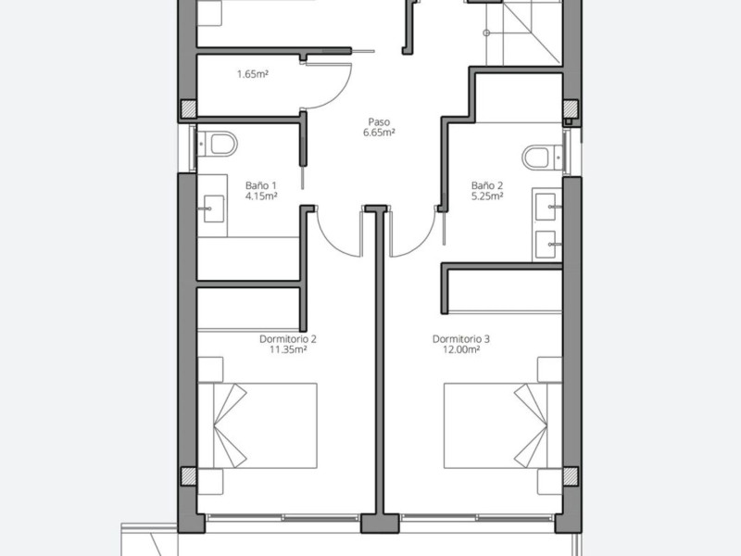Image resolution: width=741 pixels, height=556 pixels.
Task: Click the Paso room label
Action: point(379,122)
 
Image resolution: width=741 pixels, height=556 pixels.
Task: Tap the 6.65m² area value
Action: point(379,133)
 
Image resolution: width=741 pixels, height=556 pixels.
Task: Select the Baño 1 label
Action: point(261,186)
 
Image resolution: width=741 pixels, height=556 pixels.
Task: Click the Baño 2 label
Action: point(487,186)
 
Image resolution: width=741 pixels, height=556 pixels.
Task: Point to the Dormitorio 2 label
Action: point(288,339)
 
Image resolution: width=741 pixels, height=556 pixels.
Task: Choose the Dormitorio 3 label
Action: point(461,339)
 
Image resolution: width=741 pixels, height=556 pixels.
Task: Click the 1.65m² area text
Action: point(253,74)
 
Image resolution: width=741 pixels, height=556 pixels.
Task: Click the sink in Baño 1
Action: point(214,208)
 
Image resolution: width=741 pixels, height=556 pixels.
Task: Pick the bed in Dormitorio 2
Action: point(257,425)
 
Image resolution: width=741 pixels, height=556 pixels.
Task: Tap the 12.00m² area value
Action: point(461,350)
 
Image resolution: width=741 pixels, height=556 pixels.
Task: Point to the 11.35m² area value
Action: point(288,350)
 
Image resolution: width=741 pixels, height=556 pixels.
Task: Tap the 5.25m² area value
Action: point(487,196)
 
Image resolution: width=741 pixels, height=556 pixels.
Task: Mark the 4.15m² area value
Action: point(261,196)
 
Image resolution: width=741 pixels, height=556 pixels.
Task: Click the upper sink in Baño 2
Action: point(546,207)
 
